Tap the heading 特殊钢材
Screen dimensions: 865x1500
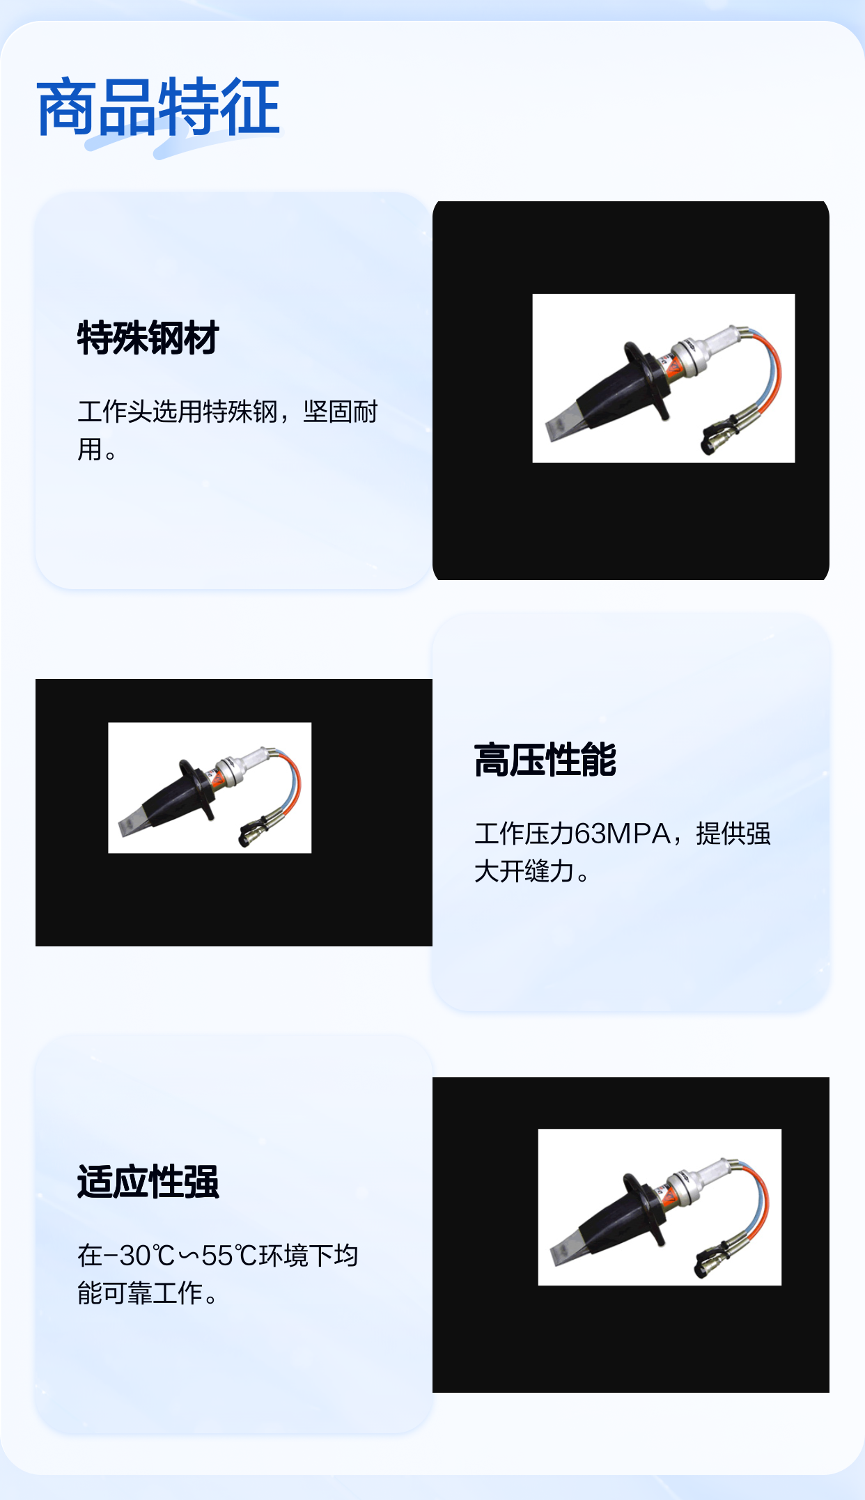148,338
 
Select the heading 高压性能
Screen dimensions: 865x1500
545,760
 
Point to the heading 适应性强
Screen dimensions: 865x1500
148,1182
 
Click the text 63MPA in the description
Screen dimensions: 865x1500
623,834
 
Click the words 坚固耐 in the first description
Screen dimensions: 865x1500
341,412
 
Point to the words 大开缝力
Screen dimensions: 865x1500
524,871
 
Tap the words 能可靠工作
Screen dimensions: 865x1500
140,1293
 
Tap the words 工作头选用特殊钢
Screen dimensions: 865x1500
178,412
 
